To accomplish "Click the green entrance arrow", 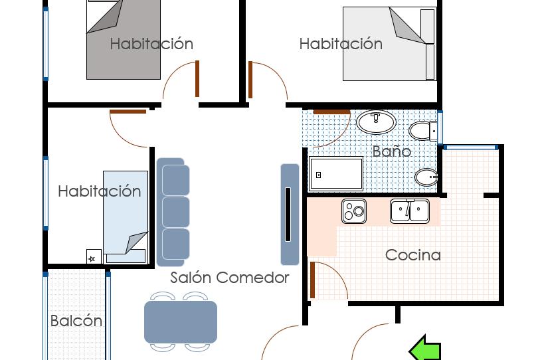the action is pyautogui.click(x=425, y=349).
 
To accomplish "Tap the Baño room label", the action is pyautogui.click(x=392, y=151).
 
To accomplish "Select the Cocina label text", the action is pyautogui.click(x=413, y=255).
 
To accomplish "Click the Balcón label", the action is pyautogui.click(x=76, y=321).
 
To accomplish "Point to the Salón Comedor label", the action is pyautogui.click(x=230, y=278).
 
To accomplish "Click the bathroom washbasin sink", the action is pyautogui.click(x=376, y=122).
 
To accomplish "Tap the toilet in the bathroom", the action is pyautogui.click(x=423, y=131).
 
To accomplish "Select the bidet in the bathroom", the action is pyautogui.click(x=426, y=177).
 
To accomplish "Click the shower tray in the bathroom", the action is pyautogui.click(x=336, y=173).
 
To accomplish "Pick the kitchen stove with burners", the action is pyautogui.click(x=354, y=211).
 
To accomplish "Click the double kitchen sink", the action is pyautogui.click(x=410, y=211).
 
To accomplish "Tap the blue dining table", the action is pyautogui.click(x=181, y=322).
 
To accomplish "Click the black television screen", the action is pyautogui.click(x=288, y=215).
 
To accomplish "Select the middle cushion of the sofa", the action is pyautogui.click(x=175, y=212).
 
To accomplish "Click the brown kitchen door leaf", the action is pyautogui.click(x=312, y=280).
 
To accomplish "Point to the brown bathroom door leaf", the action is pyautogui.click(x=331, y=112).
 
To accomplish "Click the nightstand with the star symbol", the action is pyautogui.click(x=94, y=256).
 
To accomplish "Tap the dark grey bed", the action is pyautogui.click(x=124, y=40).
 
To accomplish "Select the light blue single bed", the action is pyautogui.click(x=126, y=217).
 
